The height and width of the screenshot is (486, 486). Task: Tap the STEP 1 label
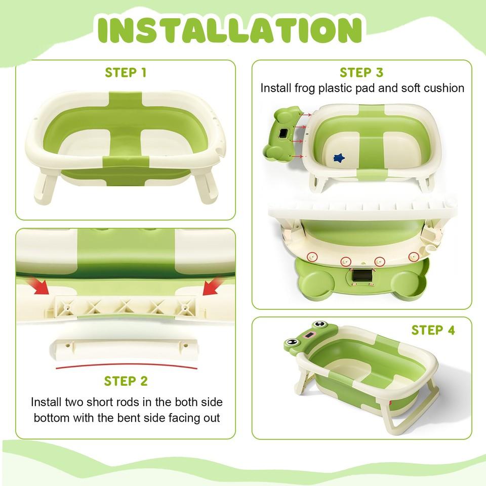[126, 72]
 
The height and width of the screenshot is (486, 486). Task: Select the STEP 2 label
[126, 381]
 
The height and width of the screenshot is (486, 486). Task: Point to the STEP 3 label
[361, 72]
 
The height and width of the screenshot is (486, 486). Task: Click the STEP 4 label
[433, 330]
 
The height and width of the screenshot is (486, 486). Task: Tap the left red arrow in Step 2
[39, 287]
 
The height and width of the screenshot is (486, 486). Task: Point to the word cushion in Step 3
[444, 88]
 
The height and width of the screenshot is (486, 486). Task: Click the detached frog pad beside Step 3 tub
[284, 132]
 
